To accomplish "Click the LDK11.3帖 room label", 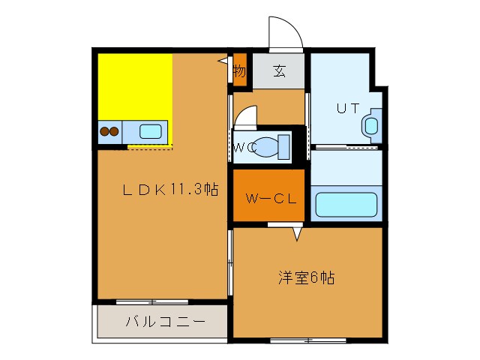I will tap(170, 190).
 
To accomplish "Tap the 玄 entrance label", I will tap(279, 72).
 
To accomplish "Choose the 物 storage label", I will tap(239, 72).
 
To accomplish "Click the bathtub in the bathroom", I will tap(346, 205).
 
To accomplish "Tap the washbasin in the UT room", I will tap(370, 126).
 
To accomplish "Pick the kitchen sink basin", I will tap(150, 132).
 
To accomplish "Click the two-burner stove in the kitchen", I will tap(109, 132).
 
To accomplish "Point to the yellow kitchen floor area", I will tap(135, 86).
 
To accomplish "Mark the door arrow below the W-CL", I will tap(297, 234).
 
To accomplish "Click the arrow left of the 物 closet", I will tap(223, 61).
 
